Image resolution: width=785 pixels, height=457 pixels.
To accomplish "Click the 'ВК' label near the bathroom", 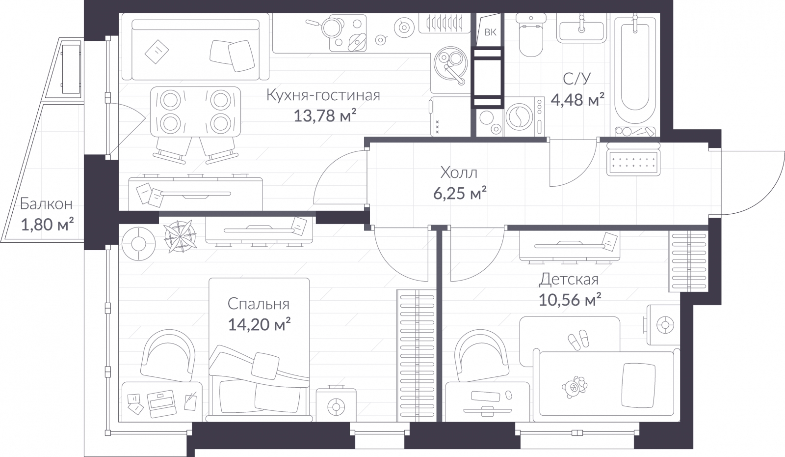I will point(490,33).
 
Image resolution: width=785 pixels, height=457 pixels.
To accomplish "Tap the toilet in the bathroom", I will point(530,37).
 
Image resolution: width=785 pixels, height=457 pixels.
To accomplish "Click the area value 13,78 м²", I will point(324,116).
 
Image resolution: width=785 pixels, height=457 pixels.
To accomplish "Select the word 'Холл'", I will point(459,172).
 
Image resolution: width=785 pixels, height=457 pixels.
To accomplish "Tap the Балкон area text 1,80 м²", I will point(47,225).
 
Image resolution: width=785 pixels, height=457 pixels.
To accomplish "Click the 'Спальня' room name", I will point(258,304).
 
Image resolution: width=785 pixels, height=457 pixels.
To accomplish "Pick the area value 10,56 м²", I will point(570,299).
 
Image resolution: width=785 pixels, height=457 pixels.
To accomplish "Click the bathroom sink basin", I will point(582,30).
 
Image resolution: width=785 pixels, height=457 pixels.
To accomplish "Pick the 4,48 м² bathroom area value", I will point(577,100).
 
